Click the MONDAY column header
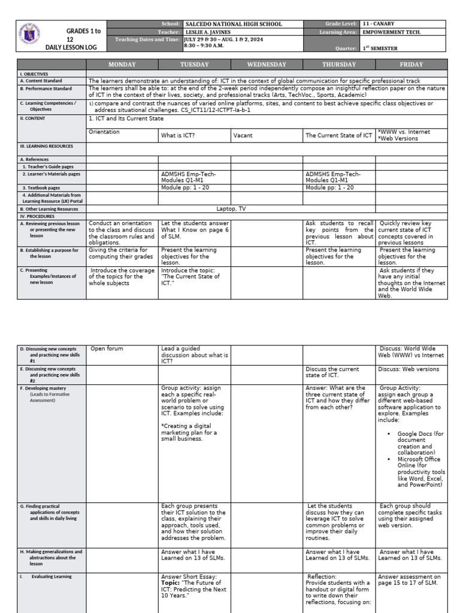coord(122,64)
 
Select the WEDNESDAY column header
coord(267,64)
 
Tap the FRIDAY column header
coord(411,64)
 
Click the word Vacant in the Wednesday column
coord(243,136)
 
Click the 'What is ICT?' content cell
coord(180,136)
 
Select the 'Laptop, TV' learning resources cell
coord(231,209)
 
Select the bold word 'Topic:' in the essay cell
coord(171,581)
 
